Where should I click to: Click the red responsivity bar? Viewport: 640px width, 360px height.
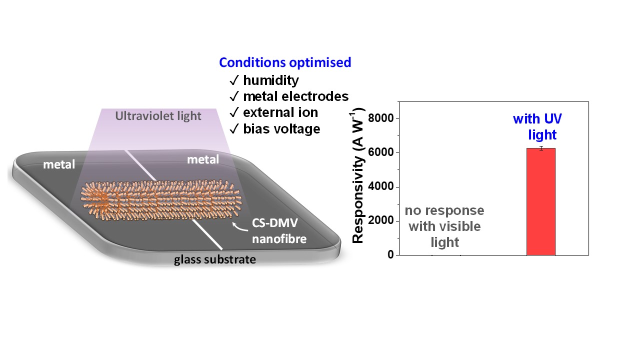coord(541,201)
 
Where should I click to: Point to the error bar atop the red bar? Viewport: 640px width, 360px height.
coord(541,148)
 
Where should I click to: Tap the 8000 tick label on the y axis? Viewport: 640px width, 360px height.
coord(381,118)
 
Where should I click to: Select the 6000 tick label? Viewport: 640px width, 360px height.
coord(381,152)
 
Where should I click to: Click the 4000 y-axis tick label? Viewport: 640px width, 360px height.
coord(381,186)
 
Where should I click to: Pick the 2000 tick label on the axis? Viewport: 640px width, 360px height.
coord(381,220)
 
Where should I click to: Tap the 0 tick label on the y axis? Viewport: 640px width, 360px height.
coord(390,254)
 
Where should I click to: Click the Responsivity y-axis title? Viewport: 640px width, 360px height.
coord(357,175)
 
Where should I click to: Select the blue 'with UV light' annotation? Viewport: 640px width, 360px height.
coord(537,126)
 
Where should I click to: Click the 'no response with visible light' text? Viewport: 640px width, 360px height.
coord(444,226)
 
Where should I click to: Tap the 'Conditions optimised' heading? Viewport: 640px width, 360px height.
coord(285,62)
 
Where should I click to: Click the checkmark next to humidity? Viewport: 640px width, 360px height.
coord(234,80)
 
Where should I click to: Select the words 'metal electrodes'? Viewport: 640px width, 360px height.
coord(295,96)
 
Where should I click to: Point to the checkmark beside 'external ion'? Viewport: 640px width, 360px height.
coord(234,112)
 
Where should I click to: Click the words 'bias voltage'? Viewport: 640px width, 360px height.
coord(281,129)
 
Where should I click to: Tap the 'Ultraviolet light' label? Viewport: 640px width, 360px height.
coord(158,116)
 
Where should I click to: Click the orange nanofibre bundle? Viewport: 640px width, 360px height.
coord(161,200)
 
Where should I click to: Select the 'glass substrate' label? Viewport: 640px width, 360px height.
coord(215,259)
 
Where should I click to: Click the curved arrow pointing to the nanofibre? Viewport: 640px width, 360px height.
coord(239,226)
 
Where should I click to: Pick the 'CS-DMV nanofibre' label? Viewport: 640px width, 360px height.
coord(279,231)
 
